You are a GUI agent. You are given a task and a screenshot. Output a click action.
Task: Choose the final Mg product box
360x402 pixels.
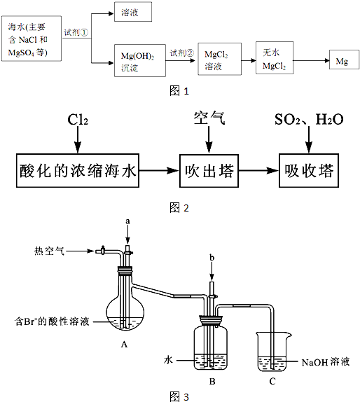pos(341,62)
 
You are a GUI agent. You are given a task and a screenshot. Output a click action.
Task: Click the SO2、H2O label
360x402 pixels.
pos(308,120)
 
